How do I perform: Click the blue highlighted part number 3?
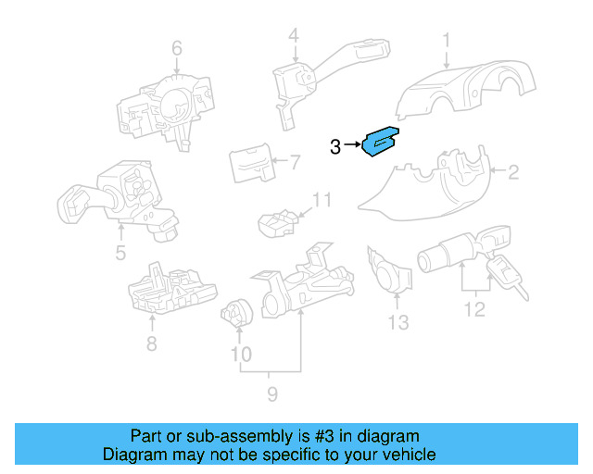379,142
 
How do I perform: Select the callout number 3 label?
335,145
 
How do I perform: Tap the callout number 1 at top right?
446,41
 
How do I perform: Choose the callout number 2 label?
511,170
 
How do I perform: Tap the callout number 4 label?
294,37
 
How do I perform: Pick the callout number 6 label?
177,48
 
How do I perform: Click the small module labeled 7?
250,165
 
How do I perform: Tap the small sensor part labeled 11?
277,221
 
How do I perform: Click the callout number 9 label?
272,396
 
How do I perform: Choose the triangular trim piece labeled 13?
388,272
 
